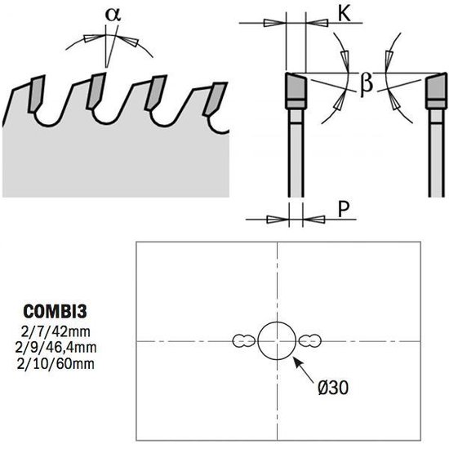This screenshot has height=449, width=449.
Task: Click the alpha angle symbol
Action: pyautogui.click(x=113, y=15)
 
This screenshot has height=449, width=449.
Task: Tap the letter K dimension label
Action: pyautogui.click(x=345, y=13)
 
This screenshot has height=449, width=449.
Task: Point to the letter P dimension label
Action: pyautogui.click(x=344, y=209)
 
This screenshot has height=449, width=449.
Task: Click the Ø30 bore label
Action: pyautogui.click(x=333, y=388)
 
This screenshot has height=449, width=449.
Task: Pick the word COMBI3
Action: pyautogui.click(x=55, y=311)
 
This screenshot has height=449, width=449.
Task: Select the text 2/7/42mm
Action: pyautogui.click(x=56, y=332)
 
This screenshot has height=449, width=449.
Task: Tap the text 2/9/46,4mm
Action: pyautogui.click(x=56, y=348)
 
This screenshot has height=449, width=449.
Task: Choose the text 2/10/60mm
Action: pyautogui.click(x=56, y=364)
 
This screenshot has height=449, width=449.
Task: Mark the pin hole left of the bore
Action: pyautogui.click(x=244, y=341)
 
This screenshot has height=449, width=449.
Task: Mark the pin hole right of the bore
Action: pyautogui.click(x=310, y=341)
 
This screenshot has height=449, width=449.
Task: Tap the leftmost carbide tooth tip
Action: pyautogui.click(x=36, y=94)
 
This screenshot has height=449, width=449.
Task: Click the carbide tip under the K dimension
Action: pyautogui.click(x=296, y=91)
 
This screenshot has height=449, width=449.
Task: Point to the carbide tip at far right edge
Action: pyautogui.click(x=437, y=91)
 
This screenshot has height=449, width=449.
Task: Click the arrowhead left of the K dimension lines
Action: pyautogui.click(x=274, y=23)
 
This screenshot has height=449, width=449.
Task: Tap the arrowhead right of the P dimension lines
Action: pyautogui.click(x=313, y=220)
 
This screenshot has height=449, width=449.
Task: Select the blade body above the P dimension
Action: pyautogui.click(x=296, y=153)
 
